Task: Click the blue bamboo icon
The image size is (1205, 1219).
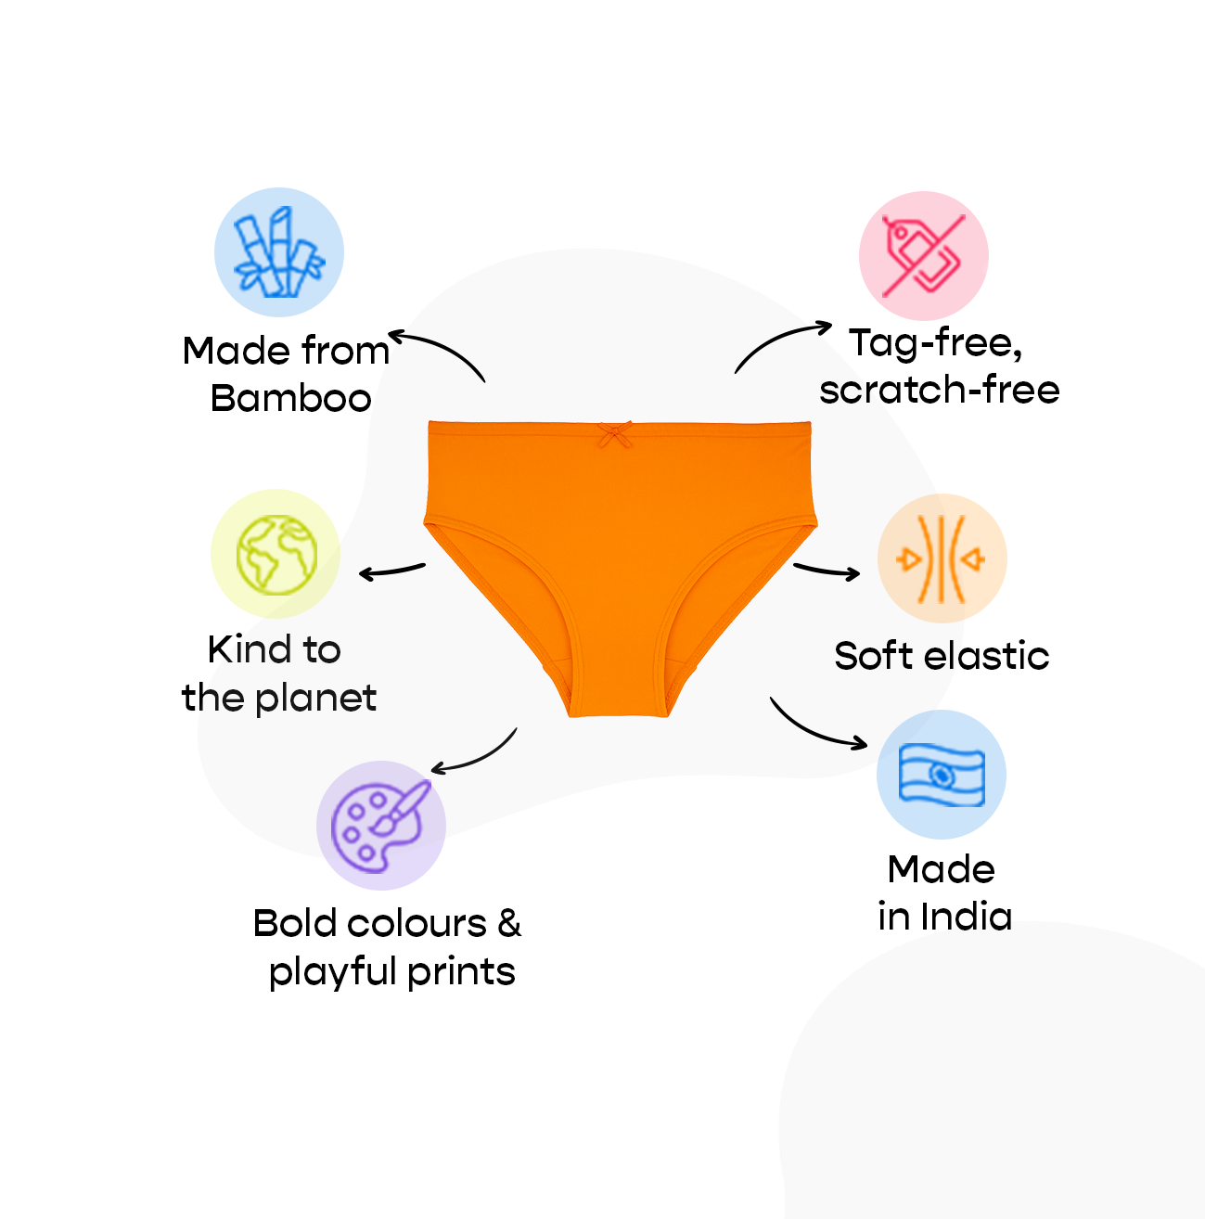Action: (x=279, y=251)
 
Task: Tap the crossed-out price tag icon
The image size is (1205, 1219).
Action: (x=924, y=255)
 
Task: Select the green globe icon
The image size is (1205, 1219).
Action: (x=276, y=555)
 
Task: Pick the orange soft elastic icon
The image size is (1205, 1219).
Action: (x=942, y=558)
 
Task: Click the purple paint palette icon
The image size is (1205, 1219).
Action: (x=380, y=827)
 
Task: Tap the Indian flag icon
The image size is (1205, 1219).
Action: (x=942, y=775)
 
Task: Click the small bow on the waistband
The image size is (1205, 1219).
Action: (x=615, y=435)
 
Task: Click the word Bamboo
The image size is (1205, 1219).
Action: (x=290, y=399)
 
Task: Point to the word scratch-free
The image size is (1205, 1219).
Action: (x=940, y=390)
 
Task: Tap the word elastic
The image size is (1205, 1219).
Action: (x=986, y=655)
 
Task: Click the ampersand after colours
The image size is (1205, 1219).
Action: (x=509, y=924)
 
